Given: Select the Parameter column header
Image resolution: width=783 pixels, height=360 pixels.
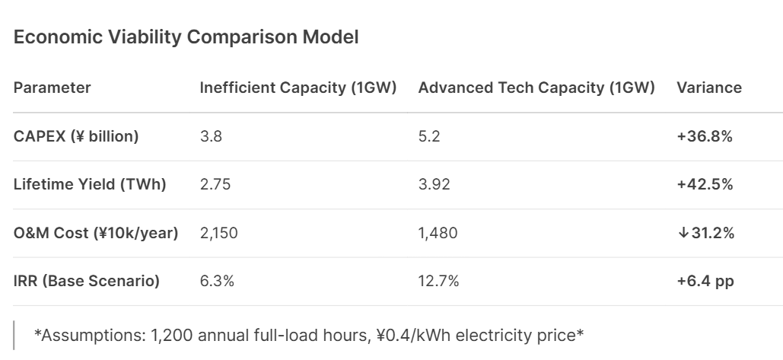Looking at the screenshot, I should click(x=53, y=88).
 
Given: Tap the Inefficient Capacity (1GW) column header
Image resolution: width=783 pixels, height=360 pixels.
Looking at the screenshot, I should click(x=298, y=88).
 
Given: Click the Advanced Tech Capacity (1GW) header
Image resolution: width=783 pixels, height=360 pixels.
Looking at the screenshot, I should click(x=536, y=88).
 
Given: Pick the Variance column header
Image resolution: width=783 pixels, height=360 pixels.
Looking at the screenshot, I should click(x=708, y=88).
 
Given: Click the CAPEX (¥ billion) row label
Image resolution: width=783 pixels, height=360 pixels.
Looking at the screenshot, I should click(x=76, y=136).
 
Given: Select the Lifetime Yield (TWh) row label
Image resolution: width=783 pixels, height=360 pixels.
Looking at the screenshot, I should click(x=90, y=185).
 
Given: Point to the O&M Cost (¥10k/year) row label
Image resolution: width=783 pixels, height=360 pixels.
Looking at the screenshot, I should click(x=96, y=234).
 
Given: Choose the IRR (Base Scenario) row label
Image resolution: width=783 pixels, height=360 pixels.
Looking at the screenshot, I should click(x=87, y=282).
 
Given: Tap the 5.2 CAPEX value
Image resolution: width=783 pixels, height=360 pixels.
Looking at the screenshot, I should click(x=429, y=136).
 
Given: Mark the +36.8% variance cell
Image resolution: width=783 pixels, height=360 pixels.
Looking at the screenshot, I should click(x=705, y=136).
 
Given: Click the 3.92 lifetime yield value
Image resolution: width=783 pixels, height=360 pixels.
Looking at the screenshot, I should click(x=433, y=185).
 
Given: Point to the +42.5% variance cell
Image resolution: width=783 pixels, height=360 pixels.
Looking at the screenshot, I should click(x=705, y=185).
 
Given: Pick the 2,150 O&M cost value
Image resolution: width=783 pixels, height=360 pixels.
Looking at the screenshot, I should click(x=218, y=234).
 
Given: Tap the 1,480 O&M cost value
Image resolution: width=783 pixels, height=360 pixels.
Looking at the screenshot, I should click(x=438, y=234).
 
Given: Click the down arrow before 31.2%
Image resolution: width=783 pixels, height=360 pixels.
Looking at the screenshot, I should click(x=682, y=234).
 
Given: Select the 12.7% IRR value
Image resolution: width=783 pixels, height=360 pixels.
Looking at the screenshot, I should click(x=438, y=282).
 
